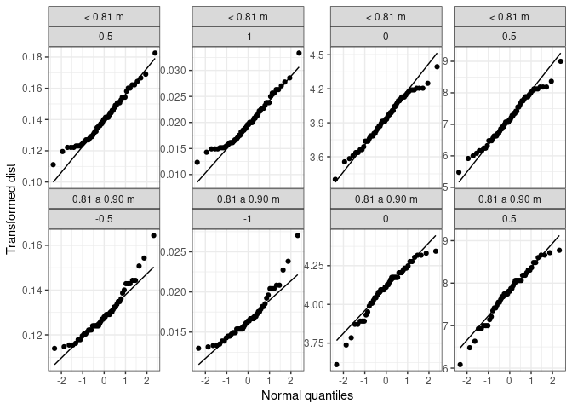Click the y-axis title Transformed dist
coord(11,209)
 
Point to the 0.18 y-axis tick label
coord(32,56)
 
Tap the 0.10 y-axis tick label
coord(32,181)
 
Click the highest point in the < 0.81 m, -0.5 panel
coord(155,53)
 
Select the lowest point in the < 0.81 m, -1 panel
coord(197,162)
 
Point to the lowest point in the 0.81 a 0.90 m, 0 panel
coord(335,365)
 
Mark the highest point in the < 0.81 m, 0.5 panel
coord(560,60)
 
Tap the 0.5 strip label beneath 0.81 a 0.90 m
coord(509,219)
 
